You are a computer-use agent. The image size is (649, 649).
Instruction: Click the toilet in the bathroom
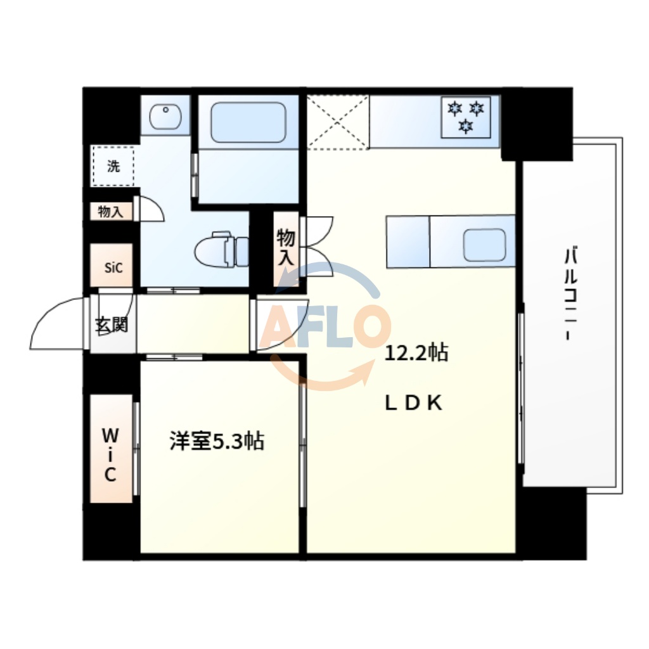222,250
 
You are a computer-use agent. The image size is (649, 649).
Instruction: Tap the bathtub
248,122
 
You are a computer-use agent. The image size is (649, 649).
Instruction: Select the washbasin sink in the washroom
165,116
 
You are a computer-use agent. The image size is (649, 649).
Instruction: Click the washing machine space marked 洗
113,166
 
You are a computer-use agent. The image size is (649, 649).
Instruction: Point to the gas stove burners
466,117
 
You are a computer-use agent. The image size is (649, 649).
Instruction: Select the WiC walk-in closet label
110,454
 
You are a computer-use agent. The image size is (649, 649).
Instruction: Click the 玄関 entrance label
112,325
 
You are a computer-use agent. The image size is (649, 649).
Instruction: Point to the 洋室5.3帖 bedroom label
217,441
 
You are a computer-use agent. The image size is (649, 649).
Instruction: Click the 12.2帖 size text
417,352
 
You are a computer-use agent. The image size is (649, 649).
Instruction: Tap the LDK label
414,404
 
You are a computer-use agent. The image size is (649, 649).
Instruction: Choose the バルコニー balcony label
571,296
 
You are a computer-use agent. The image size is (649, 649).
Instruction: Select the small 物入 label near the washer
110,212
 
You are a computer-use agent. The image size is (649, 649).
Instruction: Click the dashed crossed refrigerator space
338,122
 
